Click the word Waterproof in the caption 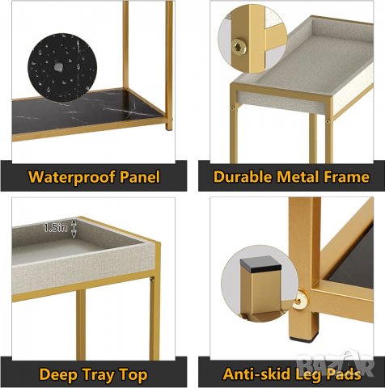72,177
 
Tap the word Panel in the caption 140,176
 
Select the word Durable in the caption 243,176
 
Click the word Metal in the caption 298,176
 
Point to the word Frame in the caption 346,176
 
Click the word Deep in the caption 58,375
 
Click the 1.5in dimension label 56,228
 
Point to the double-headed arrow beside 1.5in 74,228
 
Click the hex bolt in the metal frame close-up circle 239,48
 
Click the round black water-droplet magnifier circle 62,67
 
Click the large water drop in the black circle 57,68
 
